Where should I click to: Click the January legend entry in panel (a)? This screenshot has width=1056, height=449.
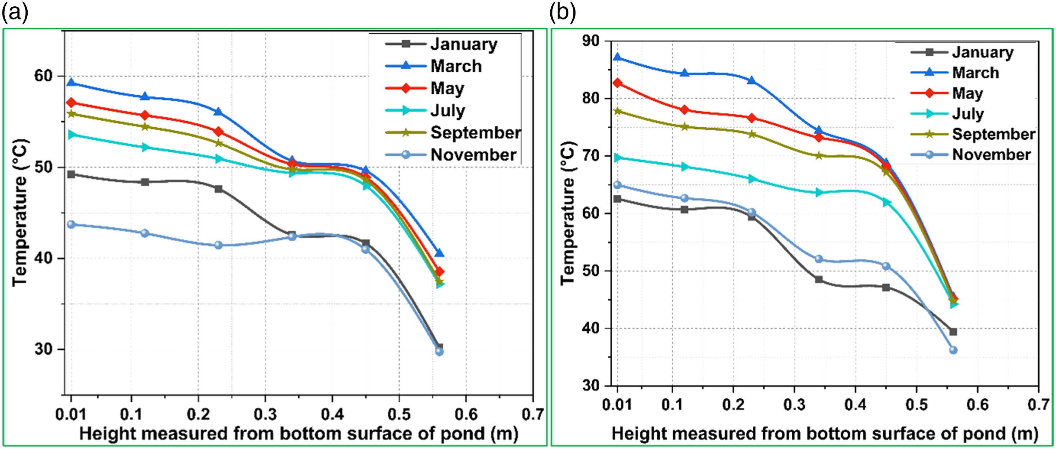pos(442,44)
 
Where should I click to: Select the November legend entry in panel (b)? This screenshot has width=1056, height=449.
pos(971,155)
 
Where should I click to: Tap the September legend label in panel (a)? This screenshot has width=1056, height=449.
pos(476,133)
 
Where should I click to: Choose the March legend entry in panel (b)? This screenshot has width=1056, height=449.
pos(955,73)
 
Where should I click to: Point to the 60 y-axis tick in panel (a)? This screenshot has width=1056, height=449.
pos(44,76)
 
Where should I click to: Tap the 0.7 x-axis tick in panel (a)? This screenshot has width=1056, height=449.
pos(533,414)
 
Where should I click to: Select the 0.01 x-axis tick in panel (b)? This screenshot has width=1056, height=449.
pos(617,405)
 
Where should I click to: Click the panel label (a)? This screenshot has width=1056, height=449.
pos(15,12)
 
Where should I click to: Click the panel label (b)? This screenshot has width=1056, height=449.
pos(562,12)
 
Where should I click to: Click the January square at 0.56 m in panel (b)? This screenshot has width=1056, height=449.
pos(953,332)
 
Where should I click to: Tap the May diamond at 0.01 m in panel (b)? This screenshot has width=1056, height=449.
pos(617,83)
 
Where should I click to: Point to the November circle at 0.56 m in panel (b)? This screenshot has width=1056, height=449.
pos(953,350)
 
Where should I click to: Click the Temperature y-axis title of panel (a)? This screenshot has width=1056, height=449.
pos(20,212)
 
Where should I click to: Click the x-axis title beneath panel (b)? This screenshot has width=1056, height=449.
pos(825,434)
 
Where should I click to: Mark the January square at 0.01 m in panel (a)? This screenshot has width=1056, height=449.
pos(71,174)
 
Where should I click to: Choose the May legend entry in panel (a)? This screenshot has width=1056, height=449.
pos(425,88)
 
